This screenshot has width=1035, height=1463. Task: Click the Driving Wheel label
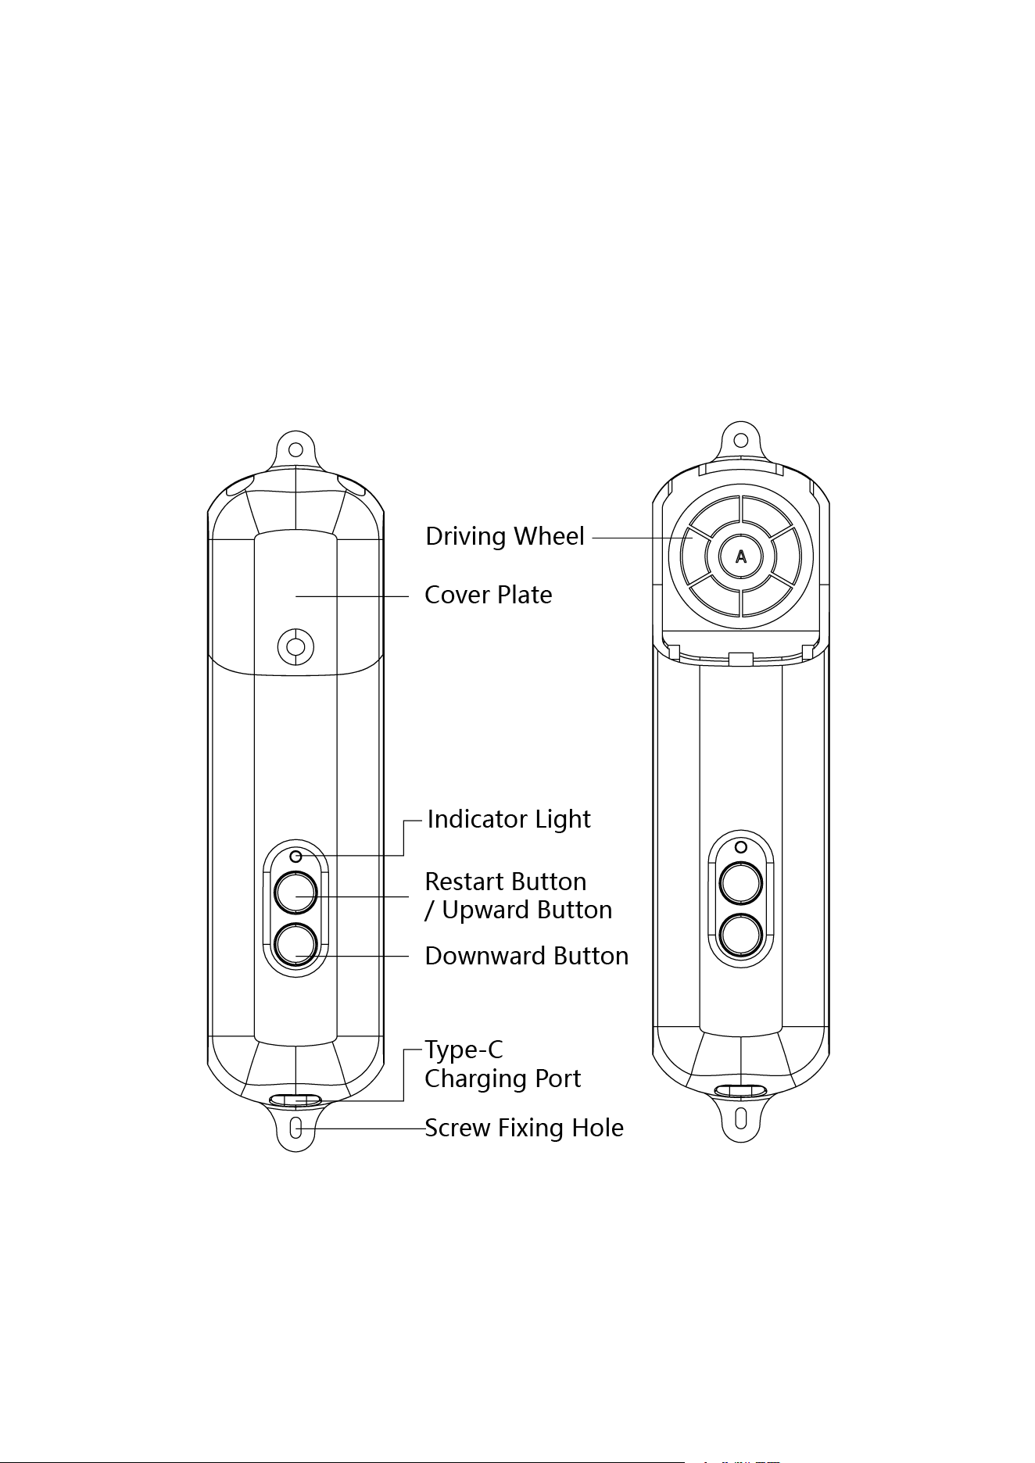click(x=505, y=536)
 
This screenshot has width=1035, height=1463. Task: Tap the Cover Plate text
click(x=489, y=595)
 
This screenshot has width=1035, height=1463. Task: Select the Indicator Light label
click(x=509, y=819)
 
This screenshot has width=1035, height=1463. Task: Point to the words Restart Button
click(x=506, y=882)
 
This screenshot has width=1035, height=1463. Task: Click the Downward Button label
click(x=527, y=956)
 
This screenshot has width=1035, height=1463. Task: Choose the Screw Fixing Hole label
click(x=525, y=1128)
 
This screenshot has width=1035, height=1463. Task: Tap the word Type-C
click(x=464, y=1050)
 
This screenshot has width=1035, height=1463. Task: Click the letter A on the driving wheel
click(x=741, y=556)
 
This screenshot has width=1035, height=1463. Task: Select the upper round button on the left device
click(x=295, y=892)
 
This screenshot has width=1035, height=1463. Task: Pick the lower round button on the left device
click(x=295, y=945)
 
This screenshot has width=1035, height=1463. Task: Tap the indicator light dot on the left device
click(x=295, y=857)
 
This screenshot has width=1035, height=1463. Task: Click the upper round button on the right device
click(x=740, y=883)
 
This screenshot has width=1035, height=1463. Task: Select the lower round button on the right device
click(x=740, y=935)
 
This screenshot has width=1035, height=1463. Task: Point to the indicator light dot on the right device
click(x=741, y=846)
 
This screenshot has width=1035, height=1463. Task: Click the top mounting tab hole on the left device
click(x=295, y=450)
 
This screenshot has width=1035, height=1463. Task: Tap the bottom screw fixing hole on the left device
click(x=295, y=1129)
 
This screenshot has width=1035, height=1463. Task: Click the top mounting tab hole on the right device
click(x=740, y=439)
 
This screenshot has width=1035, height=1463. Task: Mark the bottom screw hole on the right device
click(x=740, y=1118)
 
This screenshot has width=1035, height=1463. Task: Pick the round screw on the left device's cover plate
click(x=295, y=647)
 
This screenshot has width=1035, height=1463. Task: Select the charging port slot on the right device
click(x=740, y=1090)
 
